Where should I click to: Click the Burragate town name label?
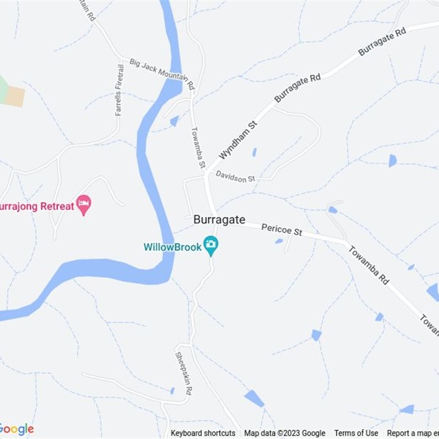point(219,219)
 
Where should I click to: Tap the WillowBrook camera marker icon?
point(211,245)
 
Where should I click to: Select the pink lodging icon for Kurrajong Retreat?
point(83,205)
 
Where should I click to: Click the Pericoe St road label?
point(282,229)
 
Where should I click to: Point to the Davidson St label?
point(235,176)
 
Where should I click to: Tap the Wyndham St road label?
point(238,141)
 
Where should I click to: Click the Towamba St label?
point(198,148)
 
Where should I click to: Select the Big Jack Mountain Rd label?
point(162,74)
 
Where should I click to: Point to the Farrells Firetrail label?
point(119,90)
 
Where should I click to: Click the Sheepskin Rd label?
point(183,373)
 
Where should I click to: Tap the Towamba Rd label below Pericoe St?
point(369,264)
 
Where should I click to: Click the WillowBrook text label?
point(172,247)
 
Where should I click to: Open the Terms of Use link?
point(356,433)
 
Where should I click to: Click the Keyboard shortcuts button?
point(203,433)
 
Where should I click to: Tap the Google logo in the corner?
point(16,429)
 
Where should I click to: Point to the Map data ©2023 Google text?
point(284,433)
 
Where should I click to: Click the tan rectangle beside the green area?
point(15,96)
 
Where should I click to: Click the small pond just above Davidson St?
point(254,152)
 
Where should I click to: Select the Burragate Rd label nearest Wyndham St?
point(297,88)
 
